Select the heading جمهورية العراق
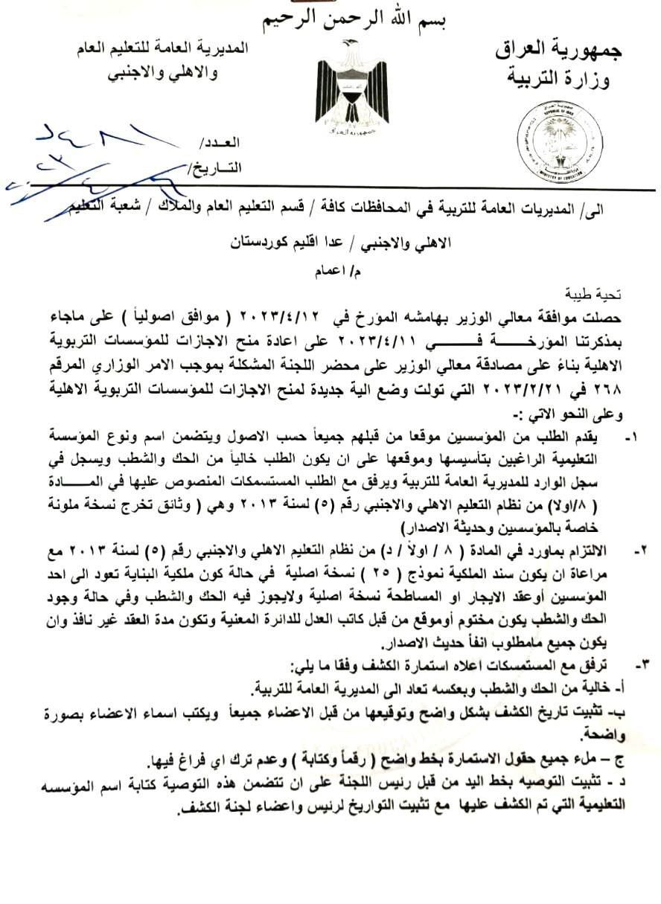pyautogui.click(x=558, y=51)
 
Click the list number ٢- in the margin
pyautogui.click(x=639, y=551)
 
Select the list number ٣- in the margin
pyautogui.click(x=639, y=661)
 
